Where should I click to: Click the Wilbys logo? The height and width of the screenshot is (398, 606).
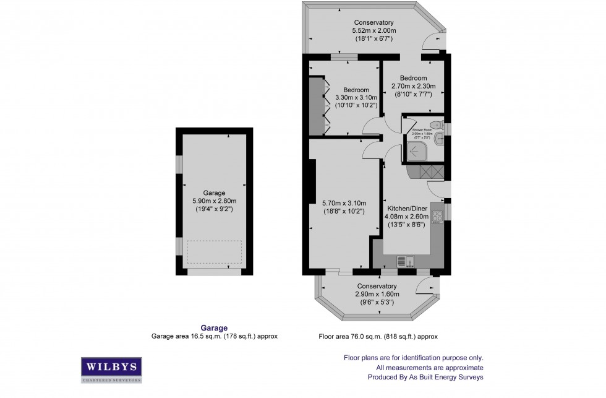click(111, 368)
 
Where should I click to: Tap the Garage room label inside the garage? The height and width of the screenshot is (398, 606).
click(215, 193)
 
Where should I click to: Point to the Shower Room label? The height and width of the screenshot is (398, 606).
click(422, 129)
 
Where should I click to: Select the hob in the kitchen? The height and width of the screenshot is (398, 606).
click(438, 216)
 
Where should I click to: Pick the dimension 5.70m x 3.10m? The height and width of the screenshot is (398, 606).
click(344, 203)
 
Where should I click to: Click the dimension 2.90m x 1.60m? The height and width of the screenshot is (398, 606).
click(377, 294)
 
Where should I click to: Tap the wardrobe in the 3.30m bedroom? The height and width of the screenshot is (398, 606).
click(316, 105)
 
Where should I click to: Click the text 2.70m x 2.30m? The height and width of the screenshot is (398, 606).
click(414, 86)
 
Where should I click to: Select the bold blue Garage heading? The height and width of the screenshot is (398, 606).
click(214, 328)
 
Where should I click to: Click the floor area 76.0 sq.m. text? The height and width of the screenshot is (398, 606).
click(377, 337)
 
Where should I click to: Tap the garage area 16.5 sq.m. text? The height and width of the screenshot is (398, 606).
click(214, 337)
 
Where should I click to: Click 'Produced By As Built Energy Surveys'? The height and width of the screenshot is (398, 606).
click(425, 377)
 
